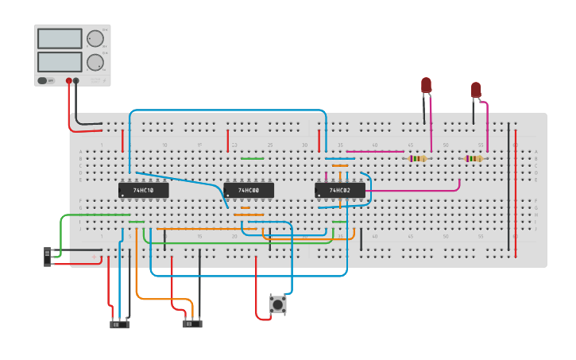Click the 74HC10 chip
[x=143, y=191]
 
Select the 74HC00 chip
[x=249, y=191]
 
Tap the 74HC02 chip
[x=340, y=191]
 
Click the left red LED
[x=426, y=85]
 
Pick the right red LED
[x=476, y=89]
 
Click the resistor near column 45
[x=418, y=158]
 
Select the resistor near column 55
[x=474, y=158]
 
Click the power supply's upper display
[x=60, y=38]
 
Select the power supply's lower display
[x=60, y=61]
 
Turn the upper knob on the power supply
[x=95, y=39]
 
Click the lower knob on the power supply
[x=95, y=62]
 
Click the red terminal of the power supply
[x=69, y=80]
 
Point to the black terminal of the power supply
[x=76, y=80]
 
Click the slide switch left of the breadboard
[x=48, y=256]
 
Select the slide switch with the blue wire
[x=119, y=324]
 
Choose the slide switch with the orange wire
[x=191, y=323]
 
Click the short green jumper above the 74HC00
[x=252, y=158]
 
